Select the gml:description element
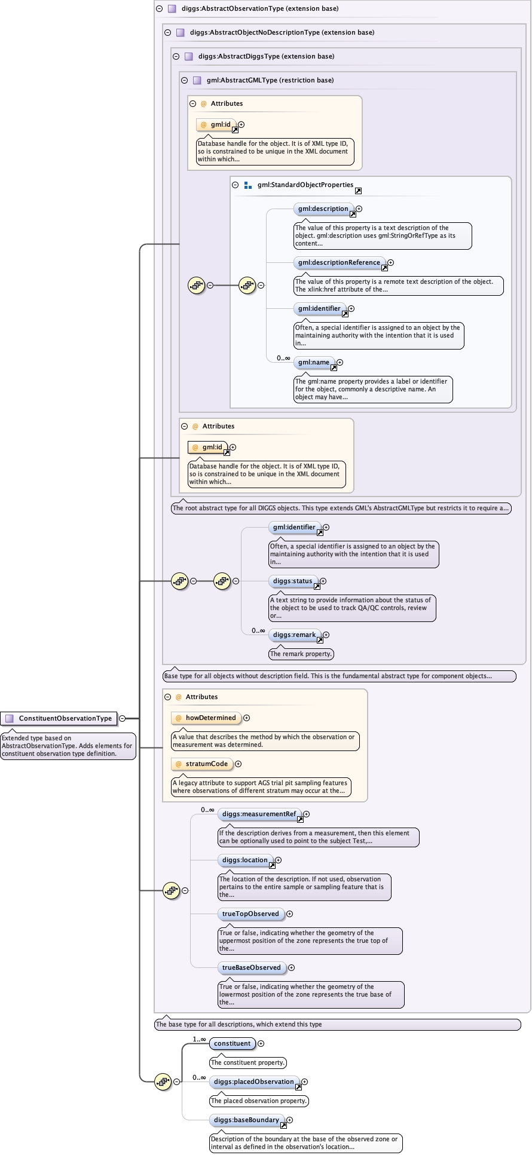[323, 209]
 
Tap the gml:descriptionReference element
[339, 263]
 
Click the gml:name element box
[314, 363]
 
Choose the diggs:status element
[292, 581]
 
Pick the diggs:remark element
[294, 635]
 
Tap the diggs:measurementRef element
[259, 814]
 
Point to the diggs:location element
[244, 860]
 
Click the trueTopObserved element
[250, 914]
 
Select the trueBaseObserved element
[251, 968]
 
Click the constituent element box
[232, 1044]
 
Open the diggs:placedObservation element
[253, 1082]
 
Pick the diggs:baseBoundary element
[246, 1120]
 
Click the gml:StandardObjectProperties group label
[305, 185]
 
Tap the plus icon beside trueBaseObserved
[292, 968]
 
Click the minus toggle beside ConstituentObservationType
[122, 718]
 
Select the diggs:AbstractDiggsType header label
[266, 57]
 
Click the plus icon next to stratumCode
[238, 764]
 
